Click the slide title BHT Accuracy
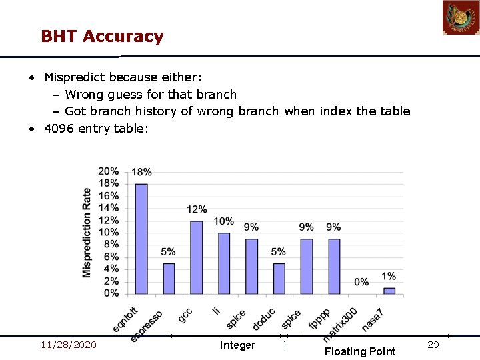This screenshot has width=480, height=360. tap(102, 36)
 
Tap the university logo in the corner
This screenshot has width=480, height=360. tap(461, 17)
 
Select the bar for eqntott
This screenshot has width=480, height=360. tap(141, 239)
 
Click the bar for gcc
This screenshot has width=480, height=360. tap(196, 257)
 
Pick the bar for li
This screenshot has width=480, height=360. tap(224, 263)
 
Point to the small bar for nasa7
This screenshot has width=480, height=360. tap(389, 291)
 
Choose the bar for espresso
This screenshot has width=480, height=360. tap(169, 279)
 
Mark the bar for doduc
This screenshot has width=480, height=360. tap(279, 279)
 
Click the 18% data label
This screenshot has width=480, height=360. tap(141, 172)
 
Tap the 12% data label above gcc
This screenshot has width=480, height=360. tap(196, 209)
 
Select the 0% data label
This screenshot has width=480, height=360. tap(361, 282)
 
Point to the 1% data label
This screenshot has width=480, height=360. tap(389, 276)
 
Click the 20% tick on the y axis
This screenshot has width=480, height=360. tap(109, 171)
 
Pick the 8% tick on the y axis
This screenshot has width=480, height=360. tap(111, 245)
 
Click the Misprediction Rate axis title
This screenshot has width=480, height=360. tap(87, 233)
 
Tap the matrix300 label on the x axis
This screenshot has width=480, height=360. tap(341, 325)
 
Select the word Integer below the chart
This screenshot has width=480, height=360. tap(237, 345)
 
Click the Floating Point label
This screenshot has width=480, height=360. tap(360, 351)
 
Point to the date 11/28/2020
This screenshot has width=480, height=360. tap(68, 345)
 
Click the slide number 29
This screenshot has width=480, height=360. tap(433, 345)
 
